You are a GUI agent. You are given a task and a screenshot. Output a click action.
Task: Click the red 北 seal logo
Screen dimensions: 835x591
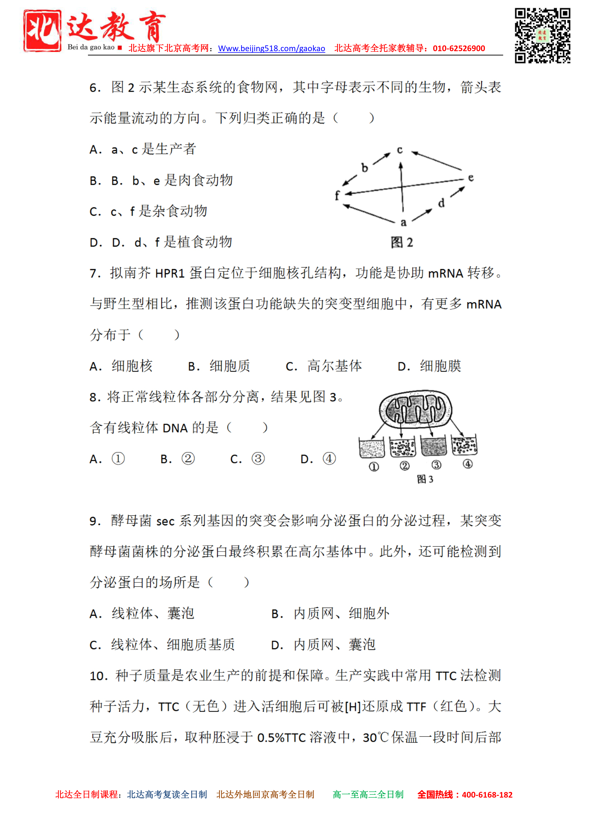(x=42, y=31)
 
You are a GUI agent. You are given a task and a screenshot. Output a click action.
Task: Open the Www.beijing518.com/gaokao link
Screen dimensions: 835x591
(x=271, y=48)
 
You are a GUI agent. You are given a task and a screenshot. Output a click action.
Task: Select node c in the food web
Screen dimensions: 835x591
(x=400, y=150)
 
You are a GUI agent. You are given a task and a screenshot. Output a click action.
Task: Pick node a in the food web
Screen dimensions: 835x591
(x=403, y=222)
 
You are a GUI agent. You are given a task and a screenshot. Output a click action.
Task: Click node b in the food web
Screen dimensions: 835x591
(x=364, y=168)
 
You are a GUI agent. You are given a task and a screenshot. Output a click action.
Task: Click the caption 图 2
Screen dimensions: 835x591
(x=402, y=242)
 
